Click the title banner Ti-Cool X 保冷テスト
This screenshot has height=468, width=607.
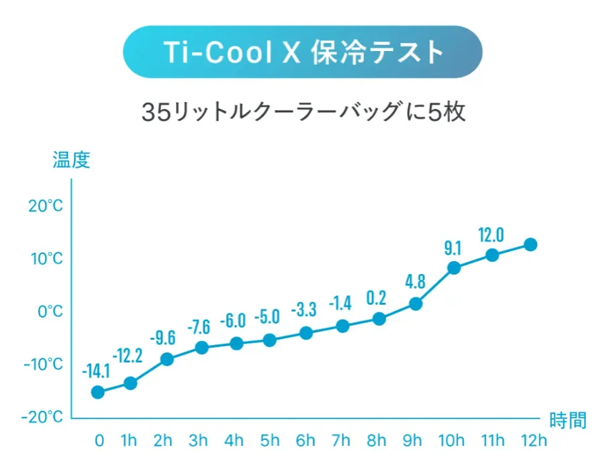[303, 52]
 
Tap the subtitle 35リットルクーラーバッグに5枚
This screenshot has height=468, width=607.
[303, 111]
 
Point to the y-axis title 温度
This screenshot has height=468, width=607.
[71, 160]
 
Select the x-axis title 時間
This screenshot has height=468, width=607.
[567, 421]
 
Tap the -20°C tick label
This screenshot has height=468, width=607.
[42, 417]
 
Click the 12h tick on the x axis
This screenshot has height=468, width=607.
[533, 441]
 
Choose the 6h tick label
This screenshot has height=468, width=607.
[305, 441]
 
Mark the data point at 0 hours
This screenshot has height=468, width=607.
[98, 392]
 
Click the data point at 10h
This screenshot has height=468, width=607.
[454, 268]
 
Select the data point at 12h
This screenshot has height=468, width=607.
[530, 244]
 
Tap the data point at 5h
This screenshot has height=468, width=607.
[270, 340]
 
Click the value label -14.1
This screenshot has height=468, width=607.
[96, 370]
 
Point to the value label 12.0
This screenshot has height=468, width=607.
[491, 235]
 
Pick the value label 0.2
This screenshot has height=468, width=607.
[378, 297]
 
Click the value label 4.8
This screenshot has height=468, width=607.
[415, 281]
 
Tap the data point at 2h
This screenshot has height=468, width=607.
[167, 359]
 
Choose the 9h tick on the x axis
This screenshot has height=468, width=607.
[412, 441]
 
